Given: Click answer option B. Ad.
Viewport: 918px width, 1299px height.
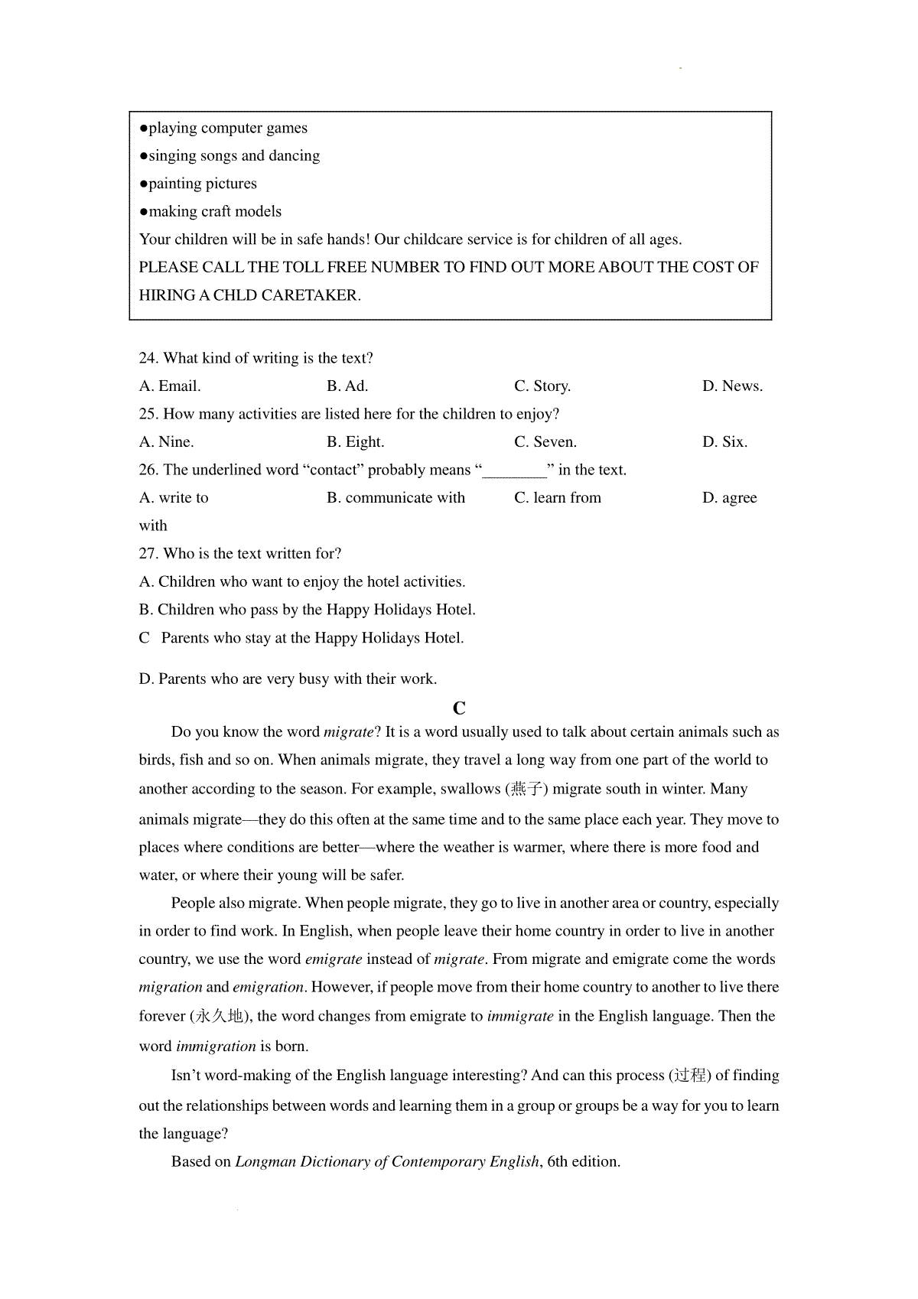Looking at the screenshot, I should click(x=347, y=386).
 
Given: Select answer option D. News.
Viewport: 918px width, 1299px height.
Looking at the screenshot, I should click(x=732, y=386).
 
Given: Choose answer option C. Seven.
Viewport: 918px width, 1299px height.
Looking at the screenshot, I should click(x=545, y=442).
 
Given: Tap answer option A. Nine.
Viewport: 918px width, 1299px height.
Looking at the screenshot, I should click(x=167, y=442).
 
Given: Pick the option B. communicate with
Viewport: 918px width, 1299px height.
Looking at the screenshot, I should click(x=396, y=498).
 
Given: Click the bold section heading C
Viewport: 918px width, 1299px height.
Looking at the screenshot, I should click(x=459, y=708).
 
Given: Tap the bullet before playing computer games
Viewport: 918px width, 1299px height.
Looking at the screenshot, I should click(x=143, y=129).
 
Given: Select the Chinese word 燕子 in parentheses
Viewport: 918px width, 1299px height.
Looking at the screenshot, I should click(x=526, y=789).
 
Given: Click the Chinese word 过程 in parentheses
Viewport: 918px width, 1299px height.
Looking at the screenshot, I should click(x=690, y=1076).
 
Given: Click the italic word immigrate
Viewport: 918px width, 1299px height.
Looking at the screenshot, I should click(x=520, y=1017).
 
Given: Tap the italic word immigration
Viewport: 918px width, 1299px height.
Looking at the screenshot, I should click(x=216, y=1047).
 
